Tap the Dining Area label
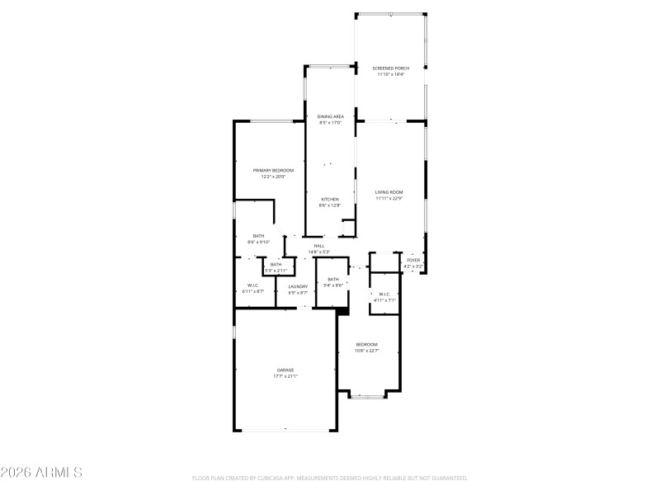coord(331,117)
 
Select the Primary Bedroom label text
coord(273,170)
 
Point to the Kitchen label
coord(330,200)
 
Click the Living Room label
coord(389,191)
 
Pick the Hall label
coord(318,245)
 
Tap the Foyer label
coord(413,260)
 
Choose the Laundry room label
coord(298,286)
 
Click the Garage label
coord(285,370)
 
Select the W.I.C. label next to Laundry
coord(252,286)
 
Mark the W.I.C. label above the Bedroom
coord(384,294)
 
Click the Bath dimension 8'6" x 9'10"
coord(259,242)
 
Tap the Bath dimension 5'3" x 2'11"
coord(276,270)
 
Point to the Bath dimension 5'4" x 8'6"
coord(332,285)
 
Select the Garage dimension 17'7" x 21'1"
coord(285,375)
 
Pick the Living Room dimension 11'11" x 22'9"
coord(389,197)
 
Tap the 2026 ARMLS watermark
coord(41,473)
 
